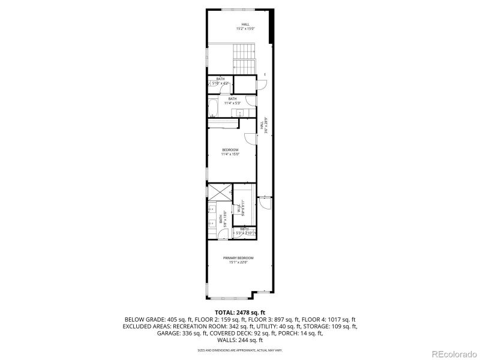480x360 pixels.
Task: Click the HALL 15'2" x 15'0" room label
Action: [245, 26]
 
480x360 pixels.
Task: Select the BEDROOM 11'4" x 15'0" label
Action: [230, 152]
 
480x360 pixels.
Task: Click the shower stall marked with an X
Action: [218, 192]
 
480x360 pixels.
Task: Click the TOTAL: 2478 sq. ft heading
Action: [239, 313]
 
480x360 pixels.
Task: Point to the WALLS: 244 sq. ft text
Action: [240, 341]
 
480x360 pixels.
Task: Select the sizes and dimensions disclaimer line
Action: [240, 350]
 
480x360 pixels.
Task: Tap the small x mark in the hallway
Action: [265, 74]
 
